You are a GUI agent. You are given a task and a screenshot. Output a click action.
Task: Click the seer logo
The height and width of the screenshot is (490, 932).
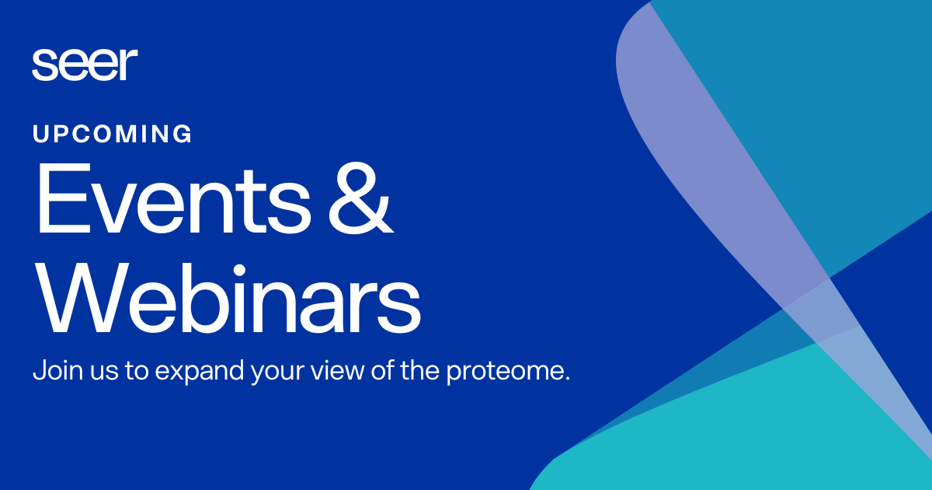pos(85,64)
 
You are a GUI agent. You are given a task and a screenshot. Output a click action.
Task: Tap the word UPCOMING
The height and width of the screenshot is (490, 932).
pos(112,135)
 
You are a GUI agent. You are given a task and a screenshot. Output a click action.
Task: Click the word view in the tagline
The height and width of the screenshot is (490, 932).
pos(339,370)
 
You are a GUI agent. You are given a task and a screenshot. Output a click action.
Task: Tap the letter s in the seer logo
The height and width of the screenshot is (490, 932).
pos(42,67)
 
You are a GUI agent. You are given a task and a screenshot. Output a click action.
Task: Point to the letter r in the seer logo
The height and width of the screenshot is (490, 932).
pos(130,65)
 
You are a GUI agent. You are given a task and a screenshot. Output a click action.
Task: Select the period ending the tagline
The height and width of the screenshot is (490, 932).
pos(568,378)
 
